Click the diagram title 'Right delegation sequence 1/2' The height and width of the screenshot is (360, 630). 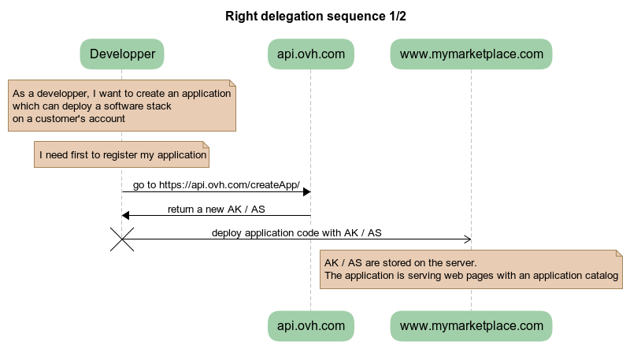(x=315, y=16)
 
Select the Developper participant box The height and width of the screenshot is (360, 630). (x=121, y=54)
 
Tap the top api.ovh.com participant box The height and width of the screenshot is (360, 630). (x=310, y=54)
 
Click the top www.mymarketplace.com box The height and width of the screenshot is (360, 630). (x=471, y=54)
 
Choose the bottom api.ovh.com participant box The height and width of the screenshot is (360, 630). (x=310, y=325)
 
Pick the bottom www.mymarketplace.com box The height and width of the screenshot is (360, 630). (x=471, y=325)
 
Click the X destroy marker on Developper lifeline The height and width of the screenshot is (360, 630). (x=122, y=239)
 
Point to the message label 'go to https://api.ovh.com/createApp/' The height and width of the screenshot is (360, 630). (x=216, y=185)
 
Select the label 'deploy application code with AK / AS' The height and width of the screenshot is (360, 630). (x=296, y=232)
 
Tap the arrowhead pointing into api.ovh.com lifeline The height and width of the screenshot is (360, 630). (x=306, y=192)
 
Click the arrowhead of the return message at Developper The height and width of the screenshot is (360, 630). (x=126, y=216)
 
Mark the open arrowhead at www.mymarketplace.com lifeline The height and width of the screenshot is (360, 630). (x=467, y=239)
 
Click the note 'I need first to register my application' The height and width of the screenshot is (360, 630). (x=122, y=155)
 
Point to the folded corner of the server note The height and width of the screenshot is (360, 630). (x=618, y=254)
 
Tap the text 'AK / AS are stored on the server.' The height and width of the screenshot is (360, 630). (x=400, y=262)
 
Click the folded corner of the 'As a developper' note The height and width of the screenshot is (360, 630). (x=232, y=84)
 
